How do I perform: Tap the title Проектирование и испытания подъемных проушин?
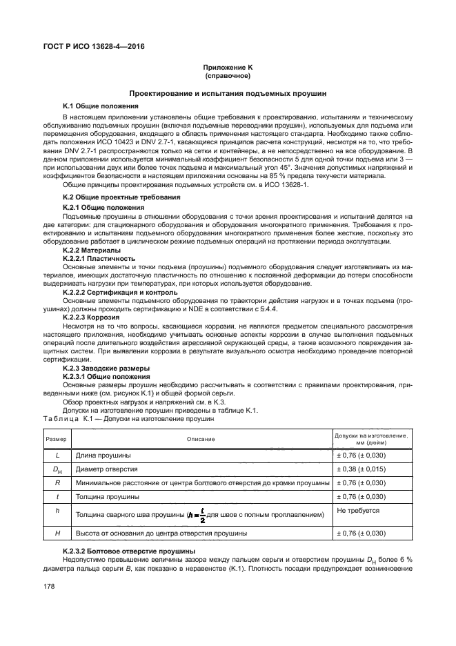pos(228,92)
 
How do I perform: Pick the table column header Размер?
pos(57,439)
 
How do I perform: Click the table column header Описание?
pos(201,439)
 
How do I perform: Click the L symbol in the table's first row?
pos(57,456)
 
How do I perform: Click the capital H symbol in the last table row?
pos(57,534)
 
